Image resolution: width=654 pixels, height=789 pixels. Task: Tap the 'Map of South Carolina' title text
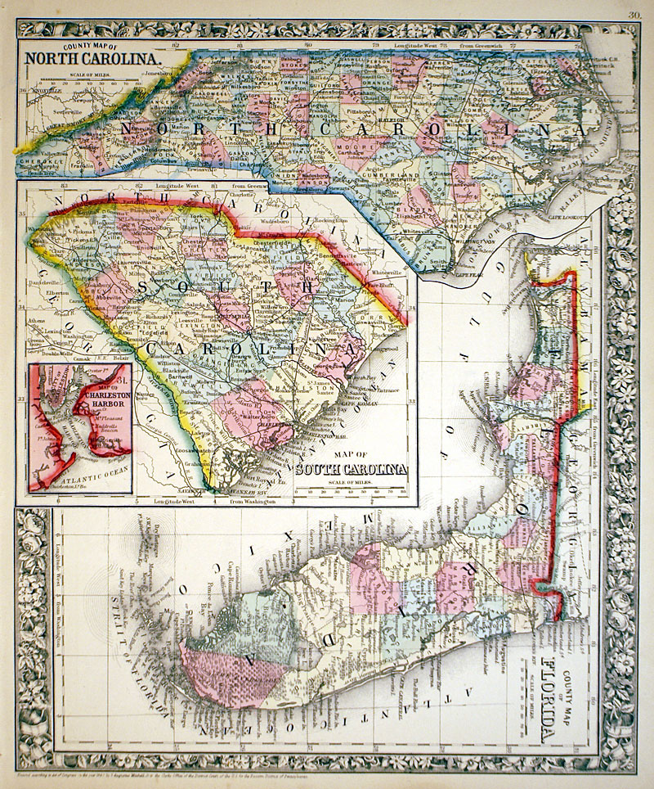[x=351, y=468]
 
